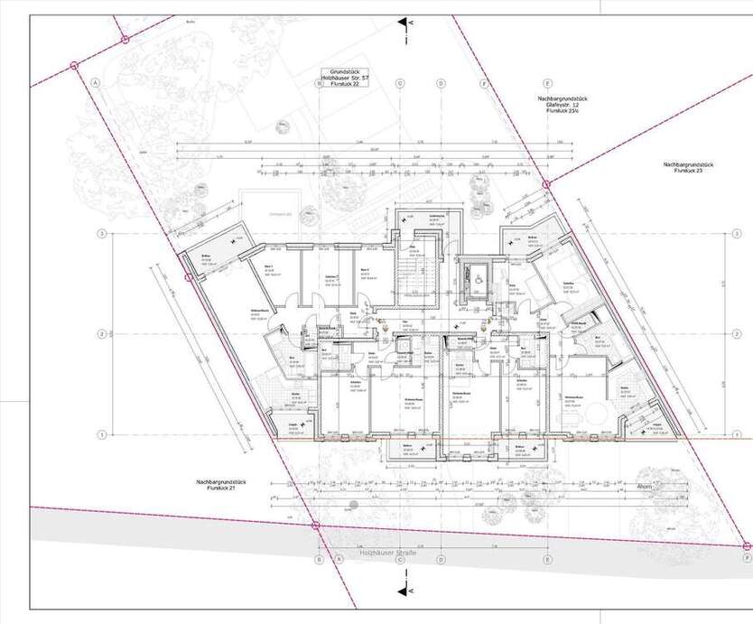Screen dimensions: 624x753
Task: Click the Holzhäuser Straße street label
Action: click(387, 552)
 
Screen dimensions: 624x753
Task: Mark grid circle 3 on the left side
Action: click(103, 234)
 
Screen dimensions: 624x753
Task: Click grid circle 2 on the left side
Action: click(103, 334)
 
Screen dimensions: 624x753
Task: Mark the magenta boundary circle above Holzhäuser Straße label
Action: click(314, 525)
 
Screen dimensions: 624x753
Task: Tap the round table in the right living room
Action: click(597, 414)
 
